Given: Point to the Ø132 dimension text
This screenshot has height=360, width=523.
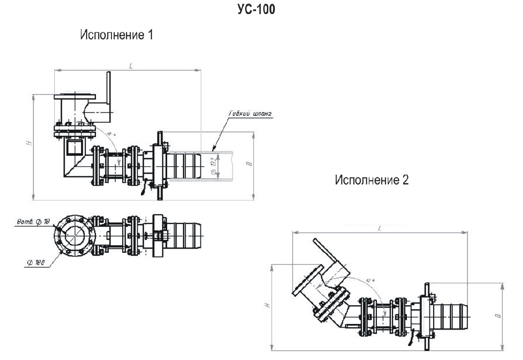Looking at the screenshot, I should pyautogui.click(x=214, y=167).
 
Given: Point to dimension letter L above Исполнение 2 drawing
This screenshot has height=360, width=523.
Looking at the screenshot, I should pyautogui.click(x=379, y=228).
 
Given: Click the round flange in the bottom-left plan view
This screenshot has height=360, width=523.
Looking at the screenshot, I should pyautogui.click(x=75, y=235).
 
